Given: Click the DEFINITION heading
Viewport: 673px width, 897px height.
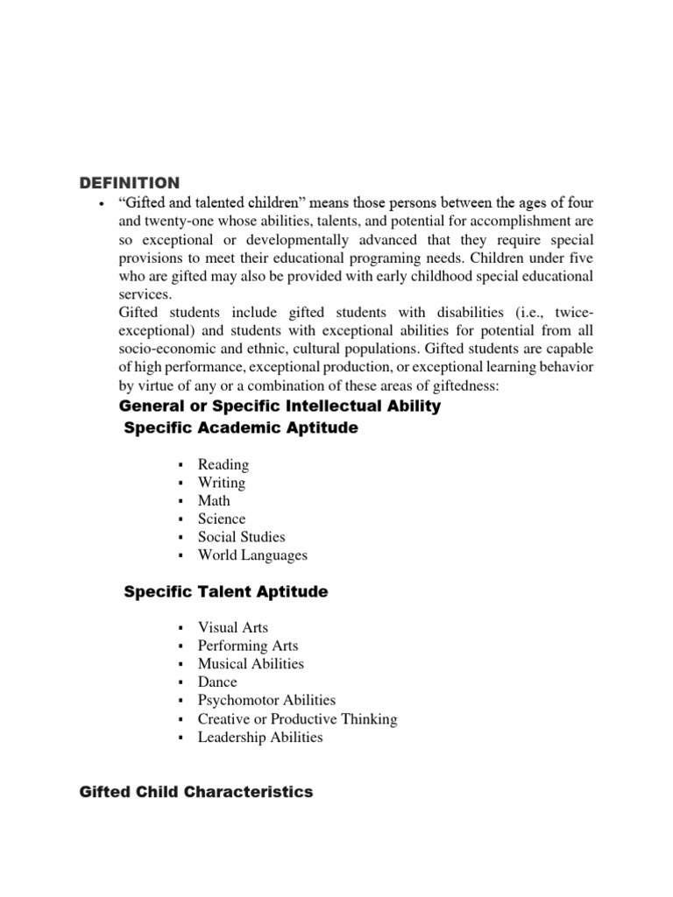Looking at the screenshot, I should (130, 182).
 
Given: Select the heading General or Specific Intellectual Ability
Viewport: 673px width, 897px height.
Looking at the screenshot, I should (280, 406).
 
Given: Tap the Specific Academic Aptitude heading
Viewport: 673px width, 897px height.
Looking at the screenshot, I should (241, 427).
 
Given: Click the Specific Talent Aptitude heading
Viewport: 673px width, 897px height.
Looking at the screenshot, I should (226, 592).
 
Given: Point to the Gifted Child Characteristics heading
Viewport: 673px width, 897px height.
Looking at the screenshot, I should (196, 792).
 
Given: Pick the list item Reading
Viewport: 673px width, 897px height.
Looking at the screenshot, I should (223, 464).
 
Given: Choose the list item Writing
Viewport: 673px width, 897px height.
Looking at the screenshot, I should (222, 483).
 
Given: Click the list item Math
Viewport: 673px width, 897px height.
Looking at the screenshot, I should (214, 501).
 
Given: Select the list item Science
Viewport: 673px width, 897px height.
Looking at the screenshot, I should (222, 519).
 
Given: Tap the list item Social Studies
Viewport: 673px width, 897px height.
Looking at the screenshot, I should (242, 537).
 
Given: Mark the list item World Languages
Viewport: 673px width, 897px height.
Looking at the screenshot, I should (252, 555).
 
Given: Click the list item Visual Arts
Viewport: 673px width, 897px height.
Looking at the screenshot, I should (233, 628).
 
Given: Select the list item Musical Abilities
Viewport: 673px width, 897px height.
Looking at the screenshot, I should (251, 664).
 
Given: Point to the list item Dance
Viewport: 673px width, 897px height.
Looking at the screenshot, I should (217, 682).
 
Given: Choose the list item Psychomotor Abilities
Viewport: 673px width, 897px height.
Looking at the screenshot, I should (266, 701).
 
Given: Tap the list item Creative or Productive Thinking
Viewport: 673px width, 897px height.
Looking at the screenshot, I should (297, 719).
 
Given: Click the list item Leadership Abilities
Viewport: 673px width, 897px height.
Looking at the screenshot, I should (260, 738).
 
